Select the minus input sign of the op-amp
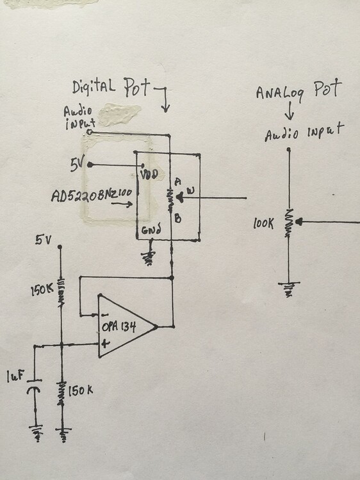(x=102, y=315)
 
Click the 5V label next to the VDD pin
(x=78, y=164)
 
